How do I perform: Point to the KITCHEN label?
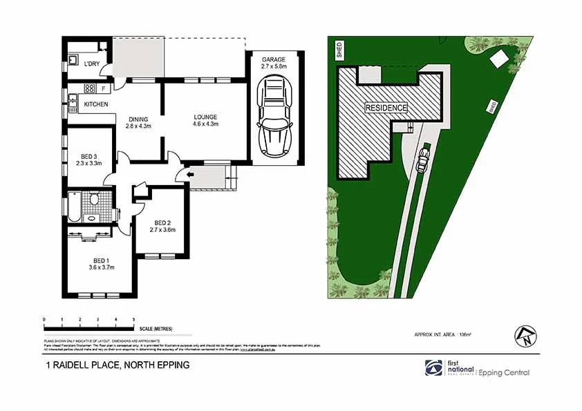[96, 104]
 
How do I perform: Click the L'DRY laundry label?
[92, 64]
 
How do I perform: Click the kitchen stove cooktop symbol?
[89, 88]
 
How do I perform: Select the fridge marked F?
[104, 89]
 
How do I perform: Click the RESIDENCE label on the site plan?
[386, 108]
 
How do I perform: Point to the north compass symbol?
[524, 336]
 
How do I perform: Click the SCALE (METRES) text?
[156, 328]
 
